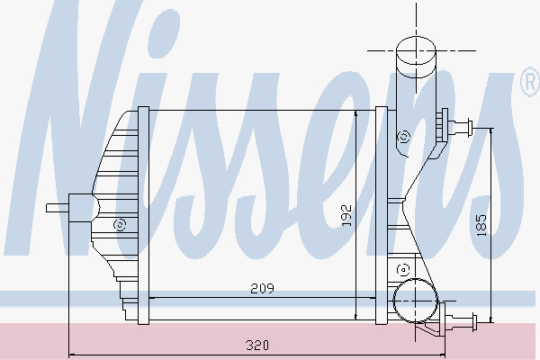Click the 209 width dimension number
click(261, 288)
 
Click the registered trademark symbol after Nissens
click(529, 84)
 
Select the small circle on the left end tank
click(118, 224)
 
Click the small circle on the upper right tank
click(403, 137)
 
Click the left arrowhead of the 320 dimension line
click(72, 352)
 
